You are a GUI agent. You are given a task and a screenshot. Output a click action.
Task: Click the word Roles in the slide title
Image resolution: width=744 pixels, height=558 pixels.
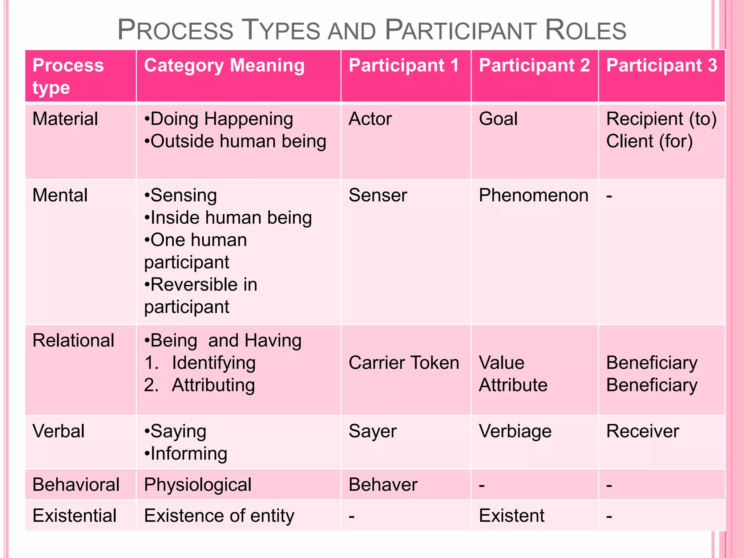(585, 30)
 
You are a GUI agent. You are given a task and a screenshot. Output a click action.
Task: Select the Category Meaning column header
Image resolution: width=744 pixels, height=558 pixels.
(224, 66)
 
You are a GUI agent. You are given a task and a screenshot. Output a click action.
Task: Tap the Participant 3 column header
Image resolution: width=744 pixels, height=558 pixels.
(662, 66)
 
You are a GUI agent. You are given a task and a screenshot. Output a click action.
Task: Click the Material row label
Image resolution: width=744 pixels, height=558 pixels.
(65, 119)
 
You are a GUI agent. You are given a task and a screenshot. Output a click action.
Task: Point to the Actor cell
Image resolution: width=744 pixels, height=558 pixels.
(370, 119)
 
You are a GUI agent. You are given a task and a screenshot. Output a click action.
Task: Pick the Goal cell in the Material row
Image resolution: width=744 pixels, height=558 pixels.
(498, 119)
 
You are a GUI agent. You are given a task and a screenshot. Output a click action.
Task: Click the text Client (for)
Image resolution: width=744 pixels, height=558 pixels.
(649, 141)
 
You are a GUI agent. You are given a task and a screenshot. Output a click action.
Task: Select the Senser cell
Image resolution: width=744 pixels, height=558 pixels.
(377, 195)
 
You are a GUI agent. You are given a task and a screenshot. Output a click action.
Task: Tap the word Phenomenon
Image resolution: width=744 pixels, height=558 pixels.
(533, 195)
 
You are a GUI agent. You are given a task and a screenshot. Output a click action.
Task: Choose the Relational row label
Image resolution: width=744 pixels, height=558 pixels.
(73, 341)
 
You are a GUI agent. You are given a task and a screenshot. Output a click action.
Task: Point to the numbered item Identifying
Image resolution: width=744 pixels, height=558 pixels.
(214, 363)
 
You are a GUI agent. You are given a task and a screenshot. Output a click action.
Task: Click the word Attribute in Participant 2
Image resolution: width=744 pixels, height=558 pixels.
(513, 385)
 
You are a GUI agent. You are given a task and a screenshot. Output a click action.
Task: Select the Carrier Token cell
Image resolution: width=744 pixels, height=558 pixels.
(404, 363)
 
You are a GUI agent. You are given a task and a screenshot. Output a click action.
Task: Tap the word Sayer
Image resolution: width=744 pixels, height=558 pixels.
(372, 432)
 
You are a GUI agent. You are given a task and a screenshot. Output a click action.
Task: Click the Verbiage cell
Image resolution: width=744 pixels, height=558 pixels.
(515, 432)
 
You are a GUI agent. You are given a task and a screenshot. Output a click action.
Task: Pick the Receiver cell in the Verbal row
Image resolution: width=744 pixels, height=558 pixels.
(642, 432)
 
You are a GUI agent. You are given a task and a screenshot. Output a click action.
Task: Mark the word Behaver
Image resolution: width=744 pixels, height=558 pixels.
(383, 485)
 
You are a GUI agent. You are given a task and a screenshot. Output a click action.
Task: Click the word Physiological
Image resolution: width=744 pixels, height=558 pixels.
(198, 485)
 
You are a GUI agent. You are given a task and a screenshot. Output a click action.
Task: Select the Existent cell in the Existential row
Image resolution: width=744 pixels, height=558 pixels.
(511, 516)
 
